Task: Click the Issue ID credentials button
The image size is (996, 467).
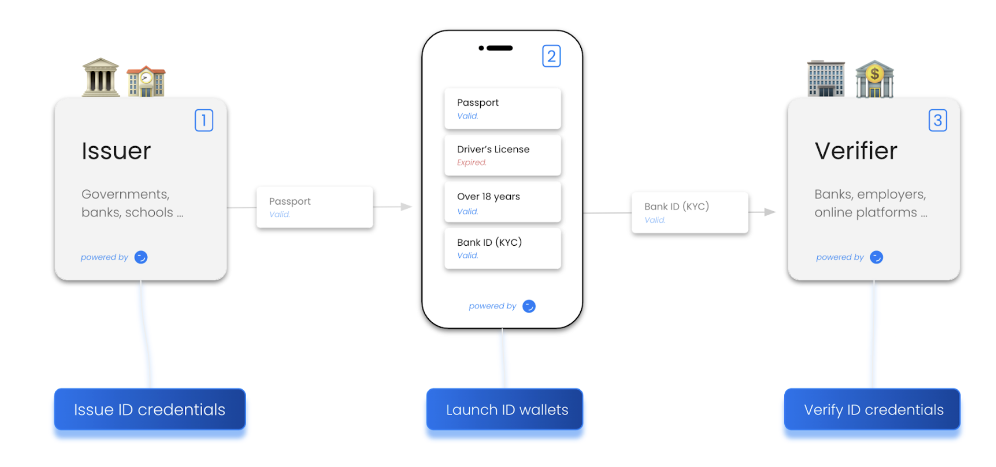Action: (150, 409)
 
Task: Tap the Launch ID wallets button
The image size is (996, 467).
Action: (505, 409)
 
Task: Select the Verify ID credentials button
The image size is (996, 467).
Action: (872, 409)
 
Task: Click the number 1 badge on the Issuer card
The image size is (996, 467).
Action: (204, 120)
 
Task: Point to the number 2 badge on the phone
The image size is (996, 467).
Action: (551, 56)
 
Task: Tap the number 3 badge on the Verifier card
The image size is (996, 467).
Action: (938, 120)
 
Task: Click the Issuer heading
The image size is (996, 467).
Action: (116, 151)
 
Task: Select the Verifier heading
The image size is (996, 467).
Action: (856, 151)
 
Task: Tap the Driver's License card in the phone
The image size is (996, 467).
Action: (503, 155)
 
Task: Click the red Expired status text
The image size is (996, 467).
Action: (472, 162)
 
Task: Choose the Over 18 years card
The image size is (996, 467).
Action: (503, 203)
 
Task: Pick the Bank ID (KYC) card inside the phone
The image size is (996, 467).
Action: (503, 248)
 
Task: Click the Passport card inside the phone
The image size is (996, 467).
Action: (503, 109)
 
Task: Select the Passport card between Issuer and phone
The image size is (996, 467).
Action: (315, 207)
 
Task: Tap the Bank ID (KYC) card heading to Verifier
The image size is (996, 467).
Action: (689, 213)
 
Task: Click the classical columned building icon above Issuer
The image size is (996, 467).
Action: (101, 77)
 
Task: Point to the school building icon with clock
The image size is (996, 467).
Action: (146, 81)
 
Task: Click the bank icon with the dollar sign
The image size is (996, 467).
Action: (874, 79)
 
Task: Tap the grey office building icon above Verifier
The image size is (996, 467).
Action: (826, 79)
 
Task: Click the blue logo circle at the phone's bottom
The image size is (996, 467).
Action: (529, 306)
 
